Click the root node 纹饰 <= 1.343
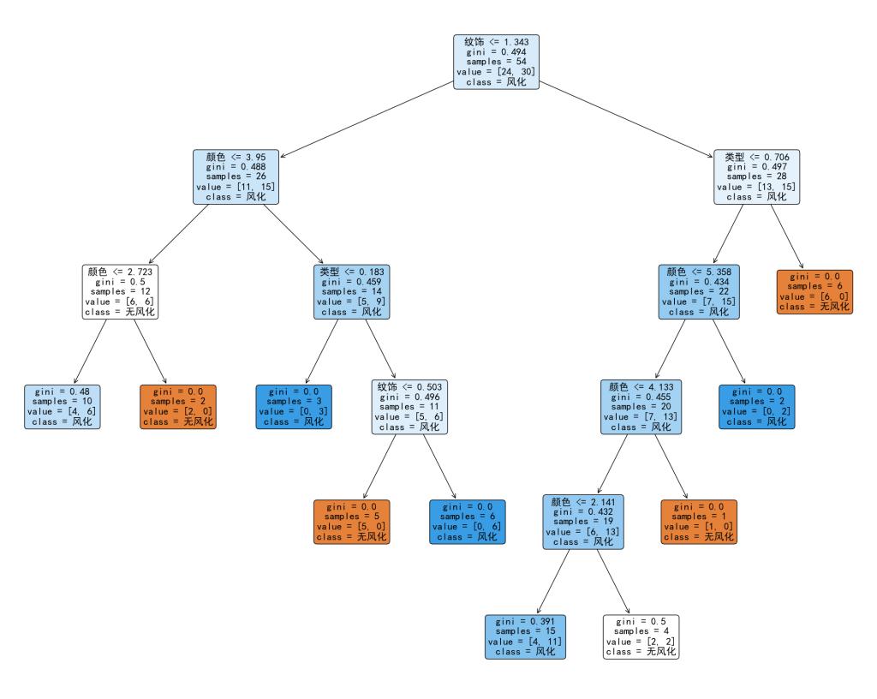point(497,62)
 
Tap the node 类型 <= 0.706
point(757,176)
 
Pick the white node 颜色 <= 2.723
point(121,291)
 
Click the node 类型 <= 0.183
point(353,291)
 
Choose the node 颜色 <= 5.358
point(699,291)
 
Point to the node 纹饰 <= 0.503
point(410,407)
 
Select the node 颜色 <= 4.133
point(641,407)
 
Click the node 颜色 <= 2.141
point(582,522)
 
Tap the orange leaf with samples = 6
point(814,291)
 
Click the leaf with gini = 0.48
point(63,407)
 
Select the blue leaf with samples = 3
point(295,407)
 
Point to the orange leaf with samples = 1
point(699,522)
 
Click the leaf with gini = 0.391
point(525,636)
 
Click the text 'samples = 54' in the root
point(497,62)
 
